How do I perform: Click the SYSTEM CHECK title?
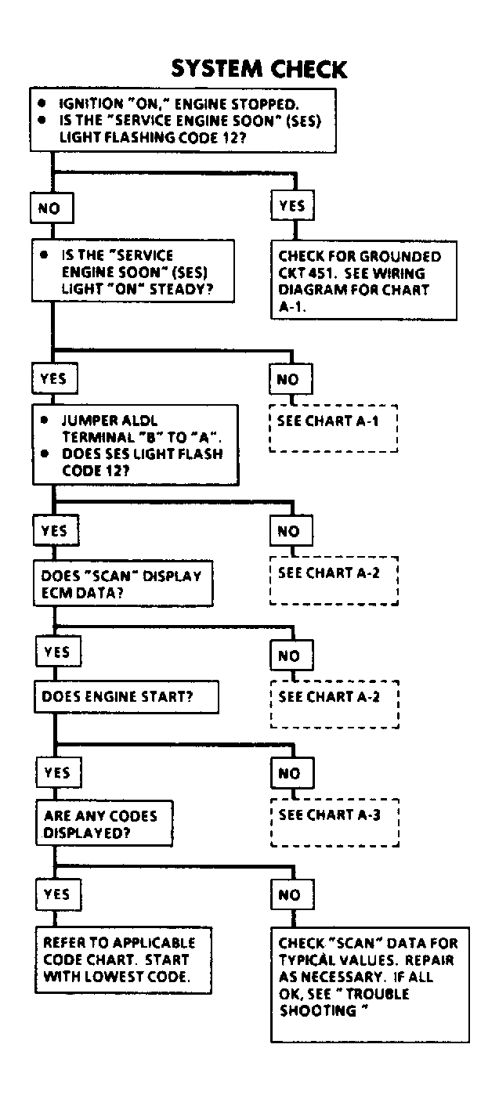(x=259, y=69)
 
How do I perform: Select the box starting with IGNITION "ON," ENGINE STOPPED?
(x=185, y=120)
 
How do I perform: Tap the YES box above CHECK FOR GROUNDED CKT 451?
(x=292, y=207)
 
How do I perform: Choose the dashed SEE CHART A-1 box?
(x=333, y=428)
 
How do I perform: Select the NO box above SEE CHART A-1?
(x=287, y=380)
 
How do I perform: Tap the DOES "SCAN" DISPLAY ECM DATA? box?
(x=123, y=583)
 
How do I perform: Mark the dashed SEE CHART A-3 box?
(x=333, y=822)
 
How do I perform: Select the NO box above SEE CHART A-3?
(x=289, y=773)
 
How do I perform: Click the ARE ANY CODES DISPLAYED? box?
(x=103, y=822)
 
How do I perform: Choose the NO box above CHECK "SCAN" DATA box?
(x=289, y=894)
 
